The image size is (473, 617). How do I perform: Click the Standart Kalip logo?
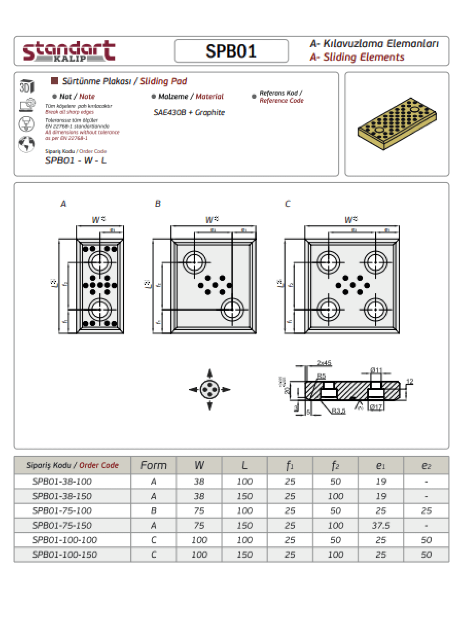click(x=69, y=51)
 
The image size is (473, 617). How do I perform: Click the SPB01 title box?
click(x=231, y=51)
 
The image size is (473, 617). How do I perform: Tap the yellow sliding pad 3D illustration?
click(x=397, y=123)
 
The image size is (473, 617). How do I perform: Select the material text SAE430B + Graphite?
click(x=189, y=113)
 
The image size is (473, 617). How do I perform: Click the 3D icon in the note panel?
click(x=27, y=86)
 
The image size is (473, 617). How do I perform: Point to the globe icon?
click(x=26, y=144)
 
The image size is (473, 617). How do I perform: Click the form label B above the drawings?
click(x=158, y=204)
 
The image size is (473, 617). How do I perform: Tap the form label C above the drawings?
click(x=288, y=204)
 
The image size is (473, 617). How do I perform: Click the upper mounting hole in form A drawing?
click(x=100, y=262)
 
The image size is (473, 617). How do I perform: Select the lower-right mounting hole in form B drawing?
click(x=232, y=309)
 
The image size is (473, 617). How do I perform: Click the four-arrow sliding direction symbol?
click(x=210, y=390)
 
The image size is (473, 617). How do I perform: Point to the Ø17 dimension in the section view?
click(x=376, y=407)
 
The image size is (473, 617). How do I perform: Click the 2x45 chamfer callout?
click(x=324, y=363)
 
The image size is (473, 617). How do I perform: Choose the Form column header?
click(x=154, y=465)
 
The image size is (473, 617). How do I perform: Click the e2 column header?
click(x=426, y=465)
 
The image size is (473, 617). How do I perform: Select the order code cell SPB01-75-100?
click(x=62, y=511)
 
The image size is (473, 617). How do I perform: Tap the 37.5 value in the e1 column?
click(x=381, y=525)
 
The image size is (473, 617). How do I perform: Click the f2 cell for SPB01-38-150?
click(x=335, y=496)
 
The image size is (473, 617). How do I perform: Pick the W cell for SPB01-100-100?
click(x=199, y=540)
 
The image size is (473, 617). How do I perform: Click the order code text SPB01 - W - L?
click(x=76, y=160)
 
